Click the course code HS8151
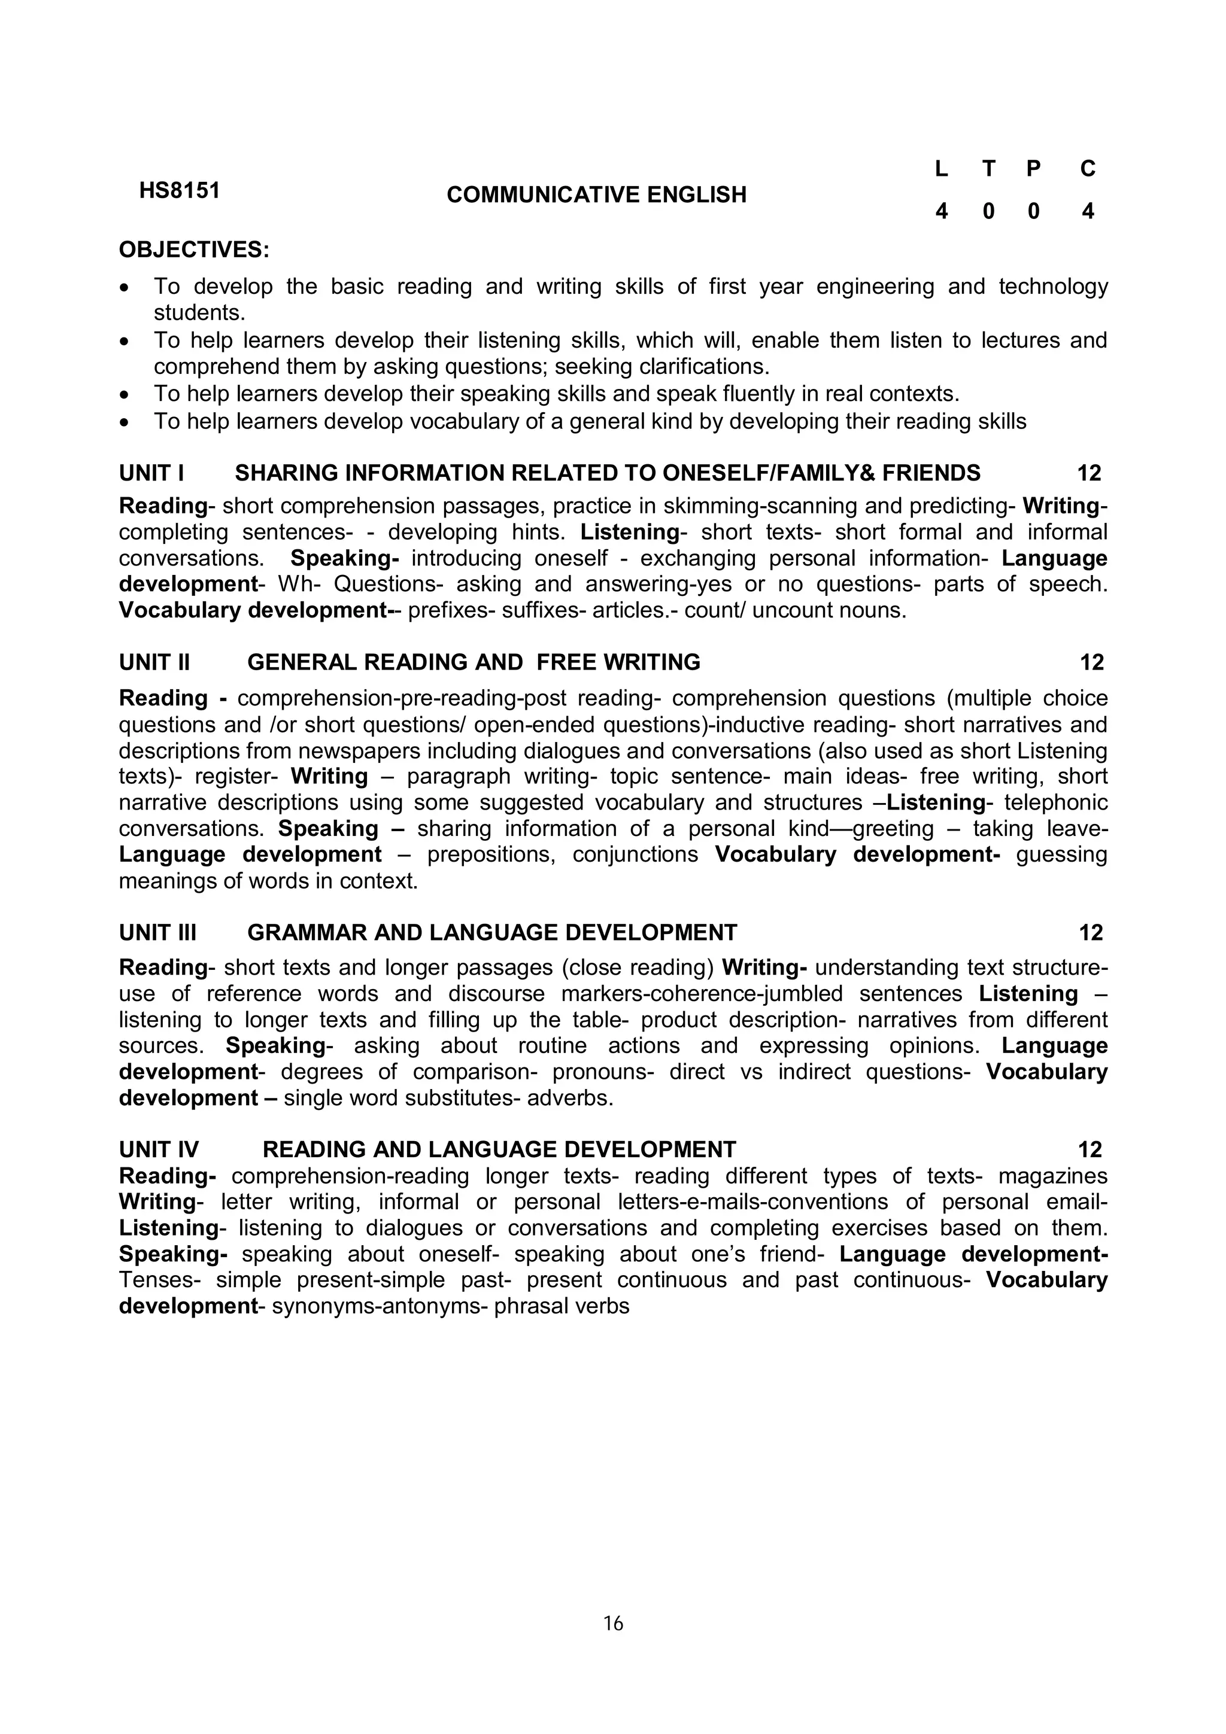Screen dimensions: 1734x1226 point(179,190)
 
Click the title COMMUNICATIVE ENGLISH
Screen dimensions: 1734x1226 point(596,195)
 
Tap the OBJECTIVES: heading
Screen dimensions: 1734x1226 point(194,250)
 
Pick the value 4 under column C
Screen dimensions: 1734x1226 point(1087,211)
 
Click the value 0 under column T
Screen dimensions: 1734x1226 point(988,211)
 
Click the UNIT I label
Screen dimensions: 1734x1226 point(151,473)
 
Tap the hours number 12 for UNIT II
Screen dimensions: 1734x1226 point(1091,662)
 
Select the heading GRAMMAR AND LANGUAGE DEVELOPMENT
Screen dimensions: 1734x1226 point(491,933)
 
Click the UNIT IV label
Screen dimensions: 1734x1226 point(159,1149)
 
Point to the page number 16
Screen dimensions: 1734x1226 point(612,1623)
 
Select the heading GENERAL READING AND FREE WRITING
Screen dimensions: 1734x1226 point(474,662)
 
